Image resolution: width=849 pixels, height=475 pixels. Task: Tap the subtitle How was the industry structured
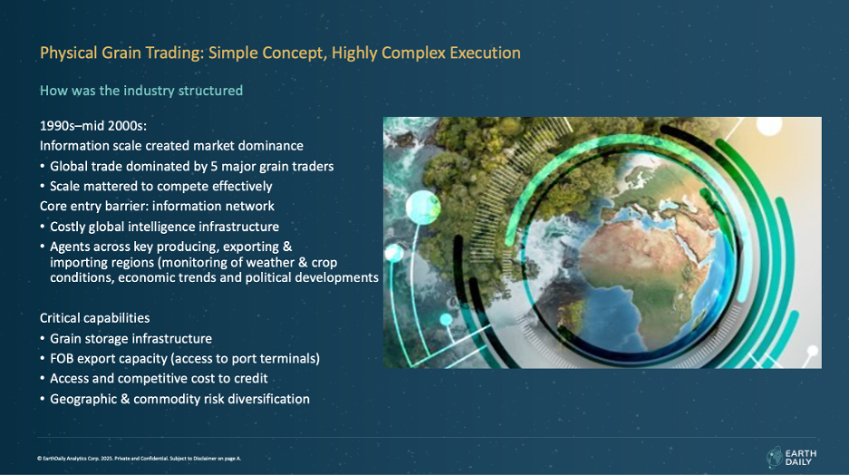click(x=141, y=91)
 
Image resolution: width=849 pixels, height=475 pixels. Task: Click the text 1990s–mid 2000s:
click(x=93, y=125)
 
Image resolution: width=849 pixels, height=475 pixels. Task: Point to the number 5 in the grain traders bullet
click(x=214, y=166)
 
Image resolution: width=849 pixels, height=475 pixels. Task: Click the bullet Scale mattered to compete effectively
click(x=161, y=186)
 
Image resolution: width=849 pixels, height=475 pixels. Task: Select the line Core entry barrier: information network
click(x=157, y=206)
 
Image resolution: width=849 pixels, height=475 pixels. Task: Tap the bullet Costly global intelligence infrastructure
click(x=164, y=227)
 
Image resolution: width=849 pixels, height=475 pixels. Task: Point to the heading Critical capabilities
click(x=94, y=318)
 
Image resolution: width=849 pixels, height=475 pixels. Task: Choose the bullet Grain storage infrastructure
click(x=131, y=339)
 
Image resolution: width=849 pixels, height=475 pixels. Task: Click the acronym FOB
click(x=62, y=359)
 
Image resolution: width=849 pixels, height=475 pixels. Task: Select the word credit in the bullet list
click(x=250, y=379)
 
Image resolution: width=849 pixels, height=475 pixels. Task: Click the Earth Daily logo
click(x=791, y=457)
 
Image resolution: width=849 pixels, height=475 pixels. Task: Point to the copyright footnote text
click(x=139, y=458)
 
